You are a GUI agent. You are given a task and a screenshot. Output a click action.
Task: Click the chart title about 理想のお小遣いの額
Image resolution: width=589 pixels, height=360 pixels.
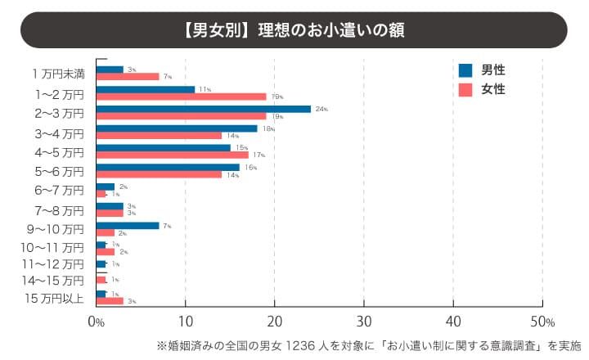coord(294,30)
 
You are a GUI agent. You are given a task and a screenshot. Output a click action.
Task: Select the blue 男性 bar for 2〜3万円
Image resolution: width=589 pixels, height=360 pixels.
coord(203,109)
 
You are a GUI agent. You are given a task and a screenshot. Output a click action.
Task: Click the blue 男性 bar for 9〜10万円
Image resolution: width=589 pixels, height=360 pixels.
coord(128,225)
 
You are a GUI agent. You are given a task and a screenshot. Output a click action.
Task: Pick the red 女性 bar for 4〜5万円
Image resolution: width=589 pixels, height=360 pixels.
coord(172,154)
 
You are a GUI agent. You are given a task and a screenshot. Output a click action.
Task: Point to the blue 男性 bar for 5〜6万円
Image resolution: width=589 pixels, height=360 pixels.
coord(168,167)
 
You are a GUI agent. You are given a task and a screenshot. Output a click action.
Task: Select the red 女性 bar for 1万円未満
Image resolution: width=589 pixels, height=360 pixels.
coord(128,77)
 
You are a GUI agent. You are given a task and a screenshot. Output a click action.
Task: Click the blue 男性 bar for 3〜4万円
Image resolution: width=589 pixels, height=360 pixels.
coord(177,128)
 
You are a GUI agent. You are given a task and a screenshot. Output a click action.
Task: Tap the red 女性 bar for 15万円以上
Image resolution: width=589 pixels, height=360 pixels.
coord(110,301)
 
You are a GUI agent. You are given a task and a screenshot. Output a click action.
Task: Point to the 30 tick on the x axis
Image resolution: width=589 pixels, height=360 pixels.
coord(364,320)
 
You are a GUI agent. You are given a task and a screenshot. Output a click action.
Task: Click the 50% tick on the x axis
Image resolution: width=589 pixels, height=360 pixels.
coord(543,320)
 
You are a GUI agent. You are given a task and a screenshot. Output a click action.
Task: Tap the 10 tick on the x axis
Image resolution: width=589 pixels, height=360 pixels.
coord(186,320)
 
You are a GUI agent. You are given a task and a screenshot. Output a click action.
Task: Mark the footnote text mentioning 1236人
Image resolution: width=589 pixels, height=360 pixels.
coord(367,344)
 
